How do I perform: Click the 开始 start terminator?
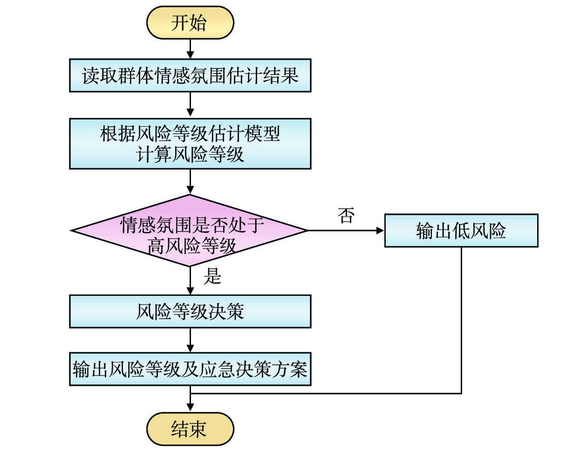[190, 22]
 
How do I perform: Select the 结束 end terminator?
[190, 429]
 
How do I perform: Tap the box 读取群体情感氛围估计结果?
[190, 75]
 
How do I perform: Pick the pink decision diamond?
[190, 230]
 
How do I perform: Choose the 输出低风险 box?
[461, 231]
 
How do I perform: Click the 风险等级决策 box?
[190, 311]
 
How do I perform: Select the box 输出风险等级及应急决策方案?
[190, 369]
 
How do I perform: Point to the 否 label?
[346, 215]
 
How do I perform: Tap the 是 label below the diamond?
[212, 276]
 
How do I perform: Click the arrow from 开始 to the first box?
[190, 48]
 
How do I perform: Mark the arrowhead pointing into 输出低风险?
[380, 230]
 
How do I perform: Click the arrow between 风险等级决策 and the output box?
[190, 340]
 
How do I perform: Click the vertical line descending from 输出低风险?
[461, 321]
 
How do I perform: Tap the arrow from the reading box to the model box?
[190, 104]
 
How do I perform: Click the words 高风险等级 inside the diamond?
[192, 246]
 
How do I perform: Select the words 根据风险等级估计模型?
[190, 134]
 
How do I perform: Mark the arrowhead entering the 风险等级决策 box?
[190, 290]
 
